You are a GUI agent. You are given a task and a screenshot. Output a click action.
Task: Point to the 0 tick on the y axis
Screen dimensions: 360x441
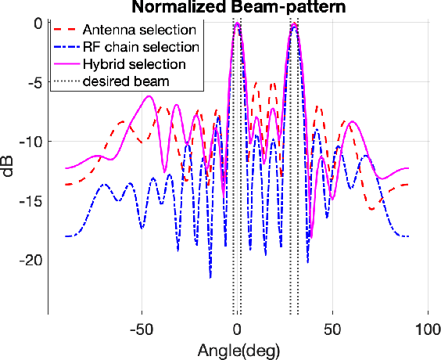pyautogui.click(x=37, y=23)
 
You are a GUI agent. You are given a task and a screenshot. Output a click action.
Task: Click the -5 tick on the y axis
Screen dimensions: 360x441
pyautogui.click(x=33, y=82)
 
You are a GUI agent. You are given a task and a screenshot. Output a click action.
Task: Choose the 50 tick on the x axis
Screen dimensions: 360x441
pyautogui.click(x=332, y=326)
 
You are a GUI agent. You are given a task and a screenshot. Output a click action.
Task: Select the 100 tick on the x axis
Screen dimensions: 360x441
pyautogui.click(x=427, y=326)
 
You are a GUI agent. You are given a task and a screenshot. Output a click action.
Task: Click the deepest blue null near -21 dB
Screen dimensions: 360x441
pyautogui.click(x=210, y=276)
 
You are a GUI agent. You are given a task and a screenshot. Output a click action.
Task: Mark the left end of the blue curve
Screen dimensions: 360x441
pyautogui.click(x=65, y=236)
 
